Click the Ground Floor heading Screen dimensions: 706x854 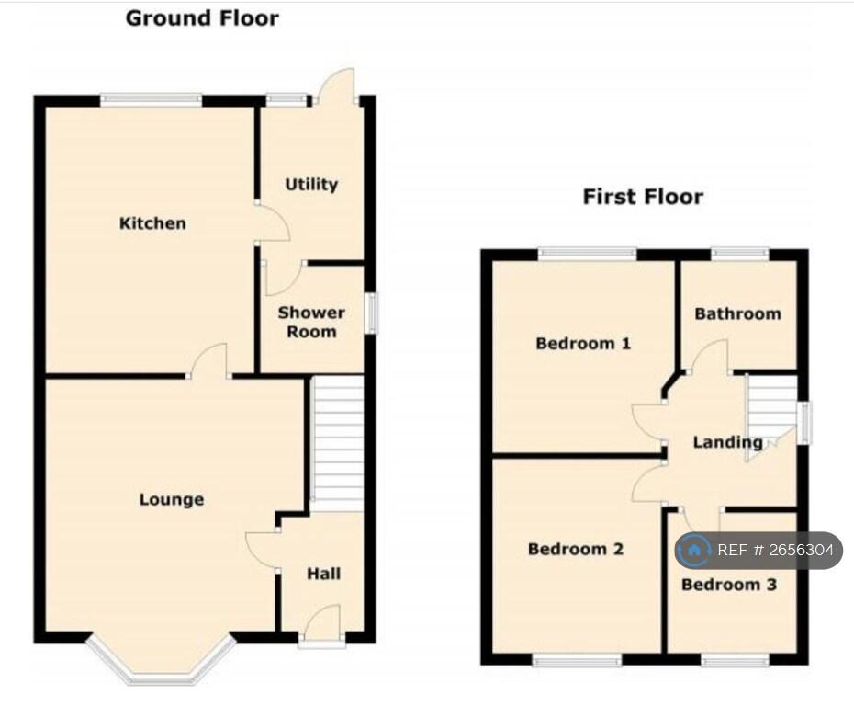[x=202, y=17]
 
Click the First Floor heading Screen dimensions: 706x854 [x=643, y=196]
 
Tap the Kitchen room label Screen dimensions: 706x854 [x=152, y=223]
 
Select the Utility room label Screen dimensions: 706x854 [x=311, y=184]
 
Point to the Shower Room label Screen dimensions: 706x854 [x=311, y=322]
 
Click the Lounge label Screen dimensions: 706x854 [x=172, y=499]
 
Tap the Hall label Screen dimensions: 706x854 [x=323, y=574]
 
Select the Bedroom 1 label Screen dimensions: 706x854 [x=583, y=344]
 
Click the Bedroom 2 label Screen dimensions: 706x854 [x=576, y=549]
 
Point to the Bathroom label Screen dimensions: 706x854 [x=737, y=313]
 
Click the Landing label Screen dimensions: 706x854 [x=727, y=442]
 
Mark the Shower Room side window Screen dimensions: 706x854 [x=371, y=313]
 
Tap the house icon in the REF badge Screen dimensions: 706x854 [x=694, y=551]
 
